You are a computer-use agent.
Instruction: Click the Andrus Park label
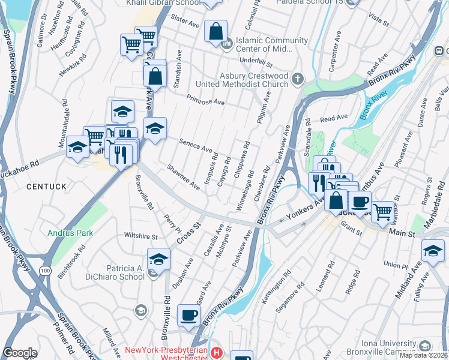point(67,232)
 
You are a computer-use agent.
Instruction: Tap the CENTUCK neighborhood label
point(47,187)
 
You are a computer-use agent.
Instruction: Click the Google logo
point(20,353)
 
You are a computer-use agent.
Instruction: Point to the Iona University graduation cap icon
point(425,346)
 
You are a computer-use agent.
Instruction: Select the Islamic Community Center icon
point(226,44)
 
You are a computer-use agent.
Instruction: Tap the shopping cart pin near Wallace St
point(382,210)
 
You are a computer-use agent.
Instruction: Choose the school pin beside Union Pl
point(433,250)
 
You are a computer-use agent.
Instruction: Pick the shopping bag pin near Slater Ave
point(215,31)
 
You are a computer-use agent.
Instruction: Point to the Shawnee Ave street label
point(184,177)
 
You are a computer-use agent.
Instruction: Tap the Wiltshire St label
point(140,235)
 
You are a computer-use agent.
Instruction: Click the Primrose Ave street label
point(205,99)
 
